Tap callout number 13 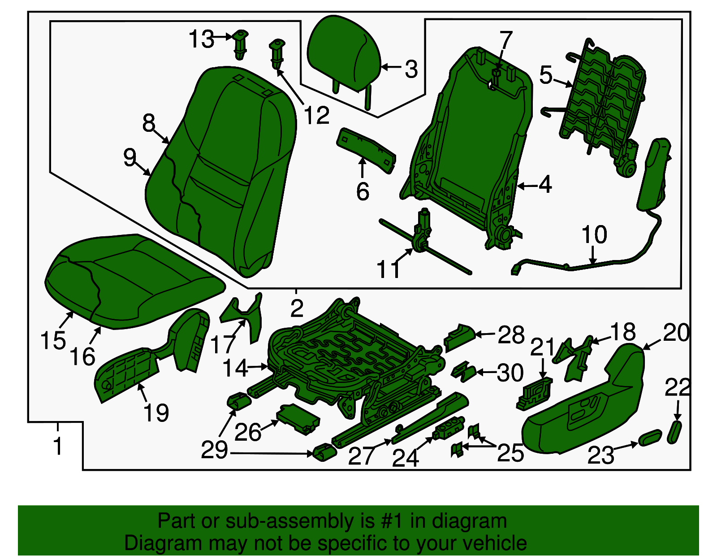pos(201,39)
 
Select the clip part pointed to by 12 pos(277,54)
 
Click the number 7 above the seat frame pos(505,40)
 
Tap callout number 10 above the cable pos(594,234)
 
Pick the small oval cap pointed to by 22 pos(674,432)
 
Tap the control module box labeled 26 pos(298,419)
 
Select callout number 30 pos(510,373)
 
